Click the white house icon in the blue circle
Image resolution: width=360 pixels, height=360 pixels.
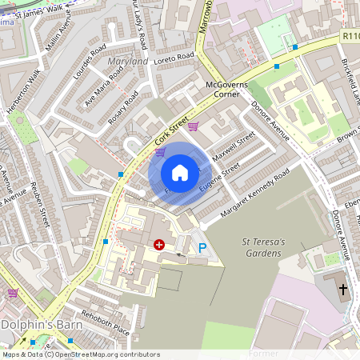point(180,173)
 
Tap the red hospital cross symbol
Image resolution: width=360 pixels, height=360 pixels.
point(158,245)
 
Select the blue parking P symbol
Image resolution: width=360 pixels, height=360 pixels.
point(202,249)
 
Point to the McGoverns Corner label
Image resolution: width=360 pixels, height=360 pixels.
point(226,88)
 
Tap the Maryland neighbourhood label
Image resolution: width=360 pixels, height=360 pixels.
point(128,62)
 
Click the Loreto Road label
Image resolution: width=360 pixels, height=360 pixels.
point(175,57)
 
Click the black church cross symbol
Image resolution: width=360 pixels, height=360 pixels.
point(343,289)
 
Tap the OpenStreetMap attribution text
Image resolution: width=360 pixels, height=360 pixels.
point(81,354)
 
